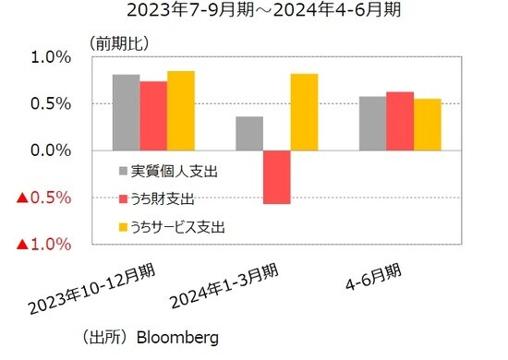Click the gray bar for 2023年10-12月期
coord(127,113)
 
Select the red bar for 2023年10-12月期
coord(154,116)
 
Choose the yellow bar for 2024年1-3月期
coord(304,113)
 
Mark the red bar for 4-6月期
coord(400,121)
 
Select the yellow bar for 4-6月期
coord(428,125)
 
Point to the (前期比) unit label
coord(119,42)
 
